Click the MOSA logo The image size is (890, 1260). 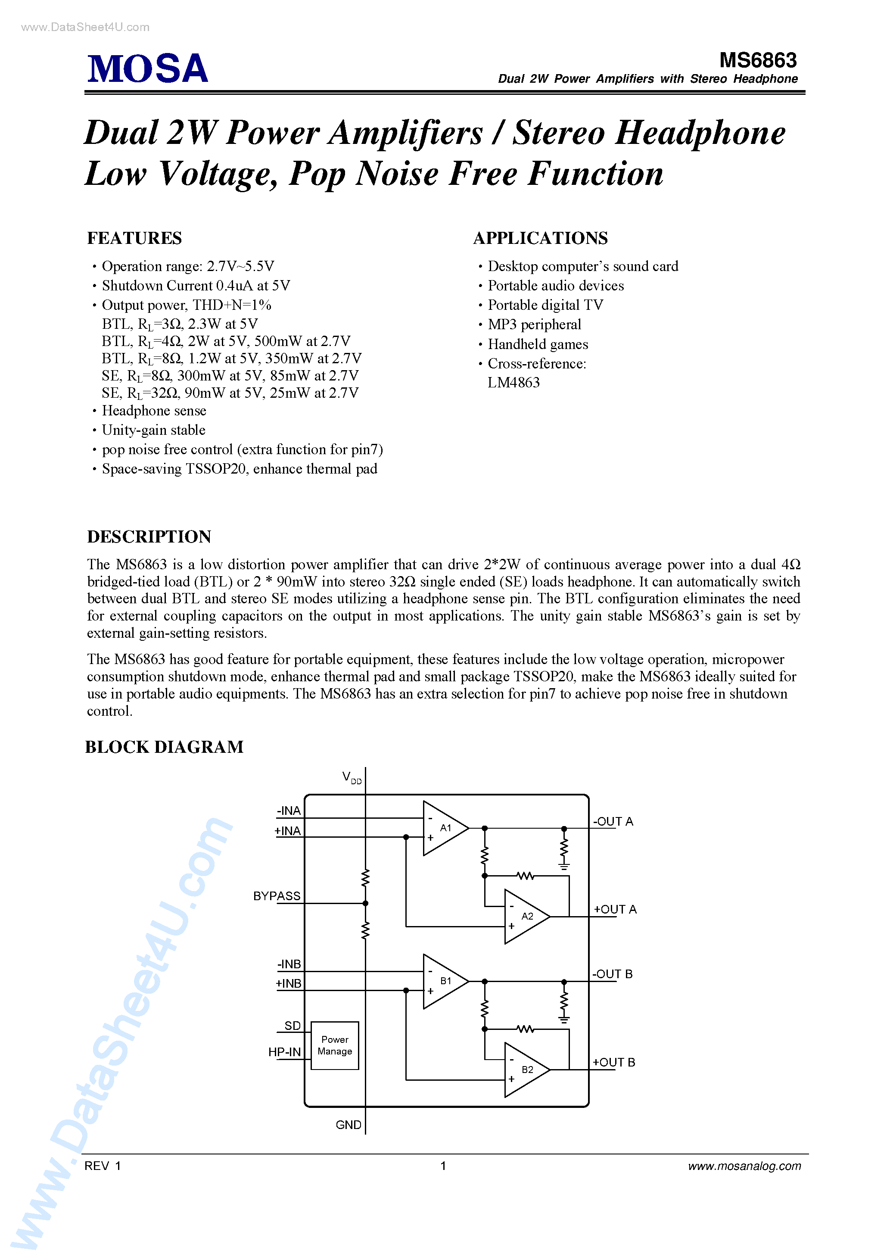pos(148,69)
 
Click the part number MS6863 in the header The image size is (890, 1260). pos(758,60)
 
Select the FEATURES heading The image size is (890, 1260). pos(134,238)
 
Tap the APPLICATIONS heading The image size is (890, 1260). pos(541,238)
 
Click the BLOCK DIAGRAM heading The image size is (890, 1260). pos(164,747)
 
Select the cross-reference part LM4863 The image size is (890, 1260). pos(513,383)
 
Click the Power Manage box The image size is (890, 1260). pos(335,1045)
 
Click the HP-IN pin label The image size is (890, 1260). pos(284,1052)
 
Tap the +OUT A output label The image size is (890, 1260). pos(615,909)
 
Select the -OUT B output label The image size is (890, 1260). pos(612,974)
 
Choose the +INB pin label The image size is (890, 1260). pos(288,983)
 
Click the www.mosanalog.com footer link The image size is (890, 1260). pos(744,1166)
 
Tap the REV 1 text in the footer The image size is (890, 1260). pos(103,1166)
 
